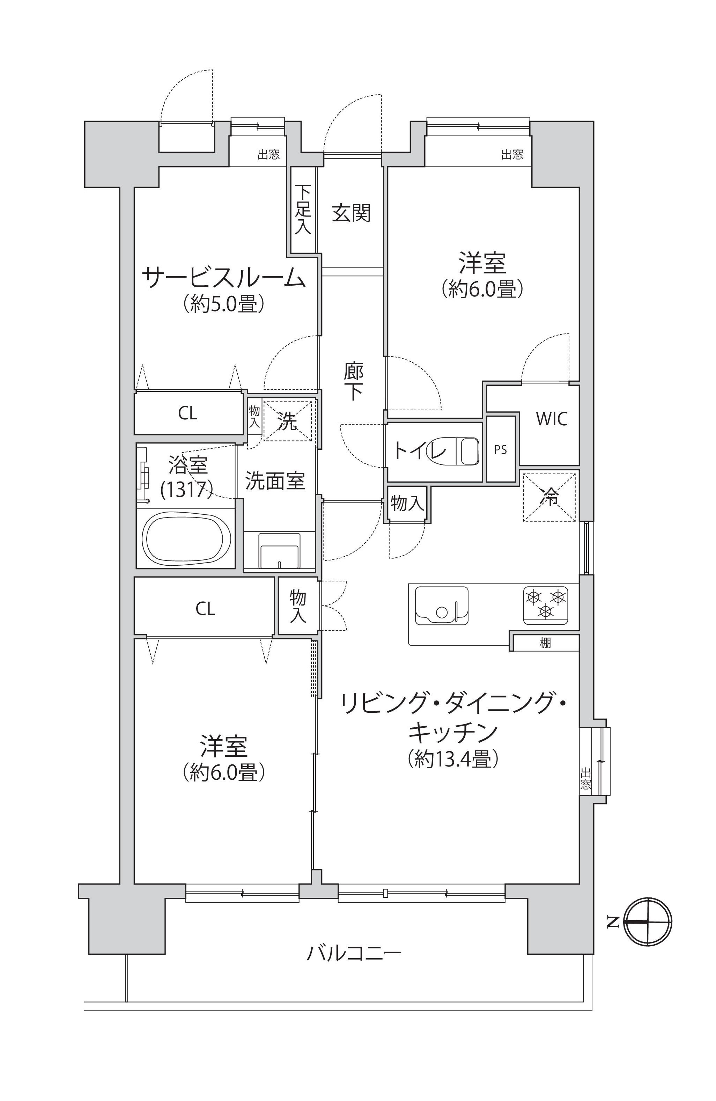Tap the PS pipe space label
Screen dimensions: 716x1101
point(500,450)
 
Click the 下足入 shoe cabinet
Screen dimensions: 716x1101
point(303,210)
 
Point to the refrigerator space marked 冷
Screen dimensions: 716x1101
point(549,496)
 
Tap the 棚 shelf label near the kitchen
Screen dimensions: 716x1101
point(545,643)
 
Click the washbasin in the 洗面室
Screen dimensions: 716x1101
point(279,550)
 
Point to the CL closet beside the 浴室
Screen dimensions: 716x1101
point(188,413)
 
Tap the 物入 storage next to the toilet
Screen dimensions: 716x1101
point(407,503)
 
